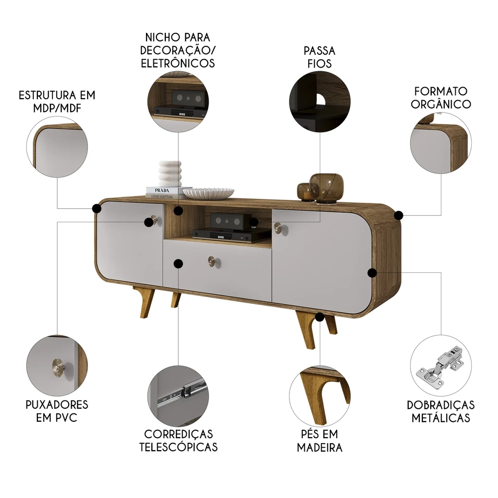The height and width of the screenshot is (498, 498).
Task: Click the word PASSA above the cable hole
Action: (319, 51)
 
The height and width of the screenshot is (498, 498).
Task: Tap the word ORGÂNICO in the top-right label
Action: (442, 104)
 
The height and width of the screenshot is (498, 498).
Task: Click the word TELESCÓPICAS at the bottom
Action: (178, 447)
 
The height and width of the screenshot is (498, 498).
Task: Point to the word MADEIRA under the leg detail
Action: (320, 447)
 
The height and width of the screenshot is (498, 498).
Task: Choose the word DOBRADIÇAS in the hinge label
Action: (441, 404)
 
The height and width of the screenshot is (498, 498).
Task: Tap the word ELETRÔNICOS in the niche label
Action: (178, 63)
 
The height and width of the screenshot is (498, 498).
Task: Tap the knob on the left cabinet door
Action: (153, 220)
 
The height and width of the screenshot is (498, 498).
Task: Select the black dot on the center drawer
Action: (178, 263)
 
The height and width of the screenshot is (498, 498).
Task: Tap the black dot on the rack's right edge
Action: (398, 215)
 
